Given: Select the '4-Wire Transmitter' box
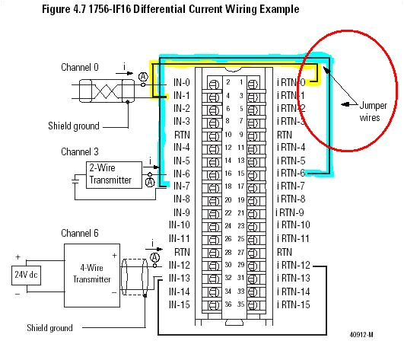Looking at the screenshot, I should click(x=91, y=273).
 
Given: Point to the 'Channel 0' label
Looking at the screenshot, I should click(x=80, y=68).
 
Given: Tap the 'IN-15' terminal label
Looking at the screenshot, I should click(x=180, y=304).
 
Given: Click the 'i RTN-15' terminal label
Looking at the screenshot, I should click(x=294, y=304).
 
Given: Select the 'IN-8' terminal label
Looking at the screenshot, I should click(x=181, y=199).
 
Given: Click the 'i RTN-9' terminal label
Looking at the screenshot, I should click(x=290, y=212).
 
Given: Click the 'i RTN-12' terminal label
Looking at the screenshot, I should click(x=294, y=265).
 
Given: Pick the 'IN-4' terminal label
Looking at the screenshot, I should click(x=181, y=147).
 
